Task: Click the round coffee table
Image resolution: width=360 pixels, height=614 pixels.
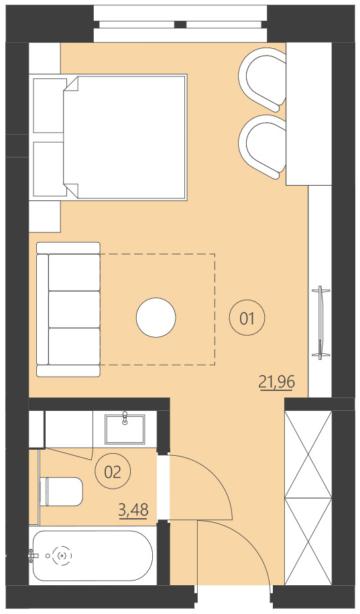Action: (156, 317)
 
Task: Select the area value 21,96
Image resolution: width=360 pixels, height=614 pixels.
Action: (277, 382)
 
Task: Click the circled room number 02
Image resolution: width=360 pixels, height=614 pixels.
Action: (112, 472)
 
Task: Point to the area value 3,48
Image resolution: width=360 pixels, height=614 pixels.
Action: (133, 510)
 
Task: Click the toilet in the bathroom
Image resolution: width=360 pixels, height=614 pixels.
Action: (62, 491)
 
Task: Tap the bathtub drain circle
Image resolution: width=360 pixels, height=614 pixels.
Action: (63, 555)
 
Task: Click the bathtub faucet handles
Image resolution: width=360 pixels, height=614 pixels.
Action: (33, 555)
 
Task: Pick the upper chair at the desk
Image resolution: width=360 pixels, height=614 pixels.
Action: (263, 79)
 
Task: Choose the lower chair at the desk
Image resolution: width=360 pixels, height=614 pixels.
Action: (263, 147)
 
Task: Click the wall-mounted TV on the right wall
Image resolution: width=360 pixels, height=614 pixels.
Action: (321, 321)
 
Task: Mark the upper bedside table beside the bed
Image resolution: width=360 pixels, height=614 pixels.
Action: (47, 105)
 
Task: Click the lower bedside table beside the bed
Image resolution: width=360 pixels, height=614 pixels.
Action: (47, 170)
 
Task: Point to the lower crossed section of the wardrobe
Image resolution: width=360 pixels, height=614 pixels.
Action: (308, 540)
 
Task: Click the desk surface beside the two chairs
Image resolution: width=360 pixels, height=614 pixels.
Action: (308, 114)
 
